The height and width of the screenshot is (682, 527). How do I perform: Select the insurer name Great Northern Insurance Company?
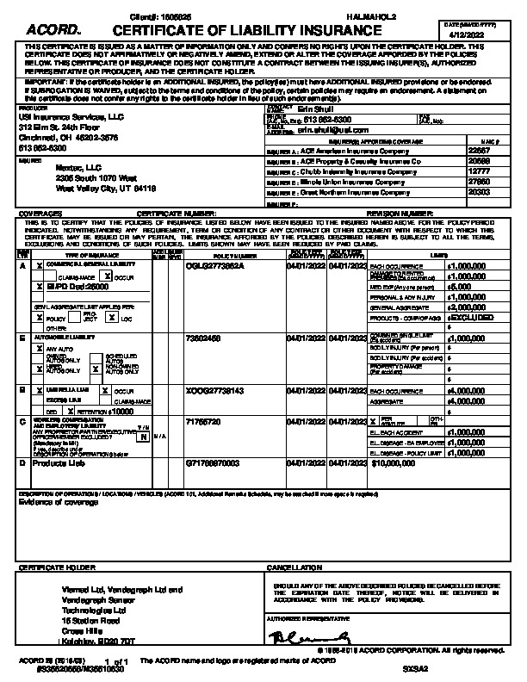[x=366, y=194]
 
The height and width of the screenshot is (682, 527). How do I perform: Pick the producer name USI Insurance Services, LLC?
[x=60, y=115]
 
